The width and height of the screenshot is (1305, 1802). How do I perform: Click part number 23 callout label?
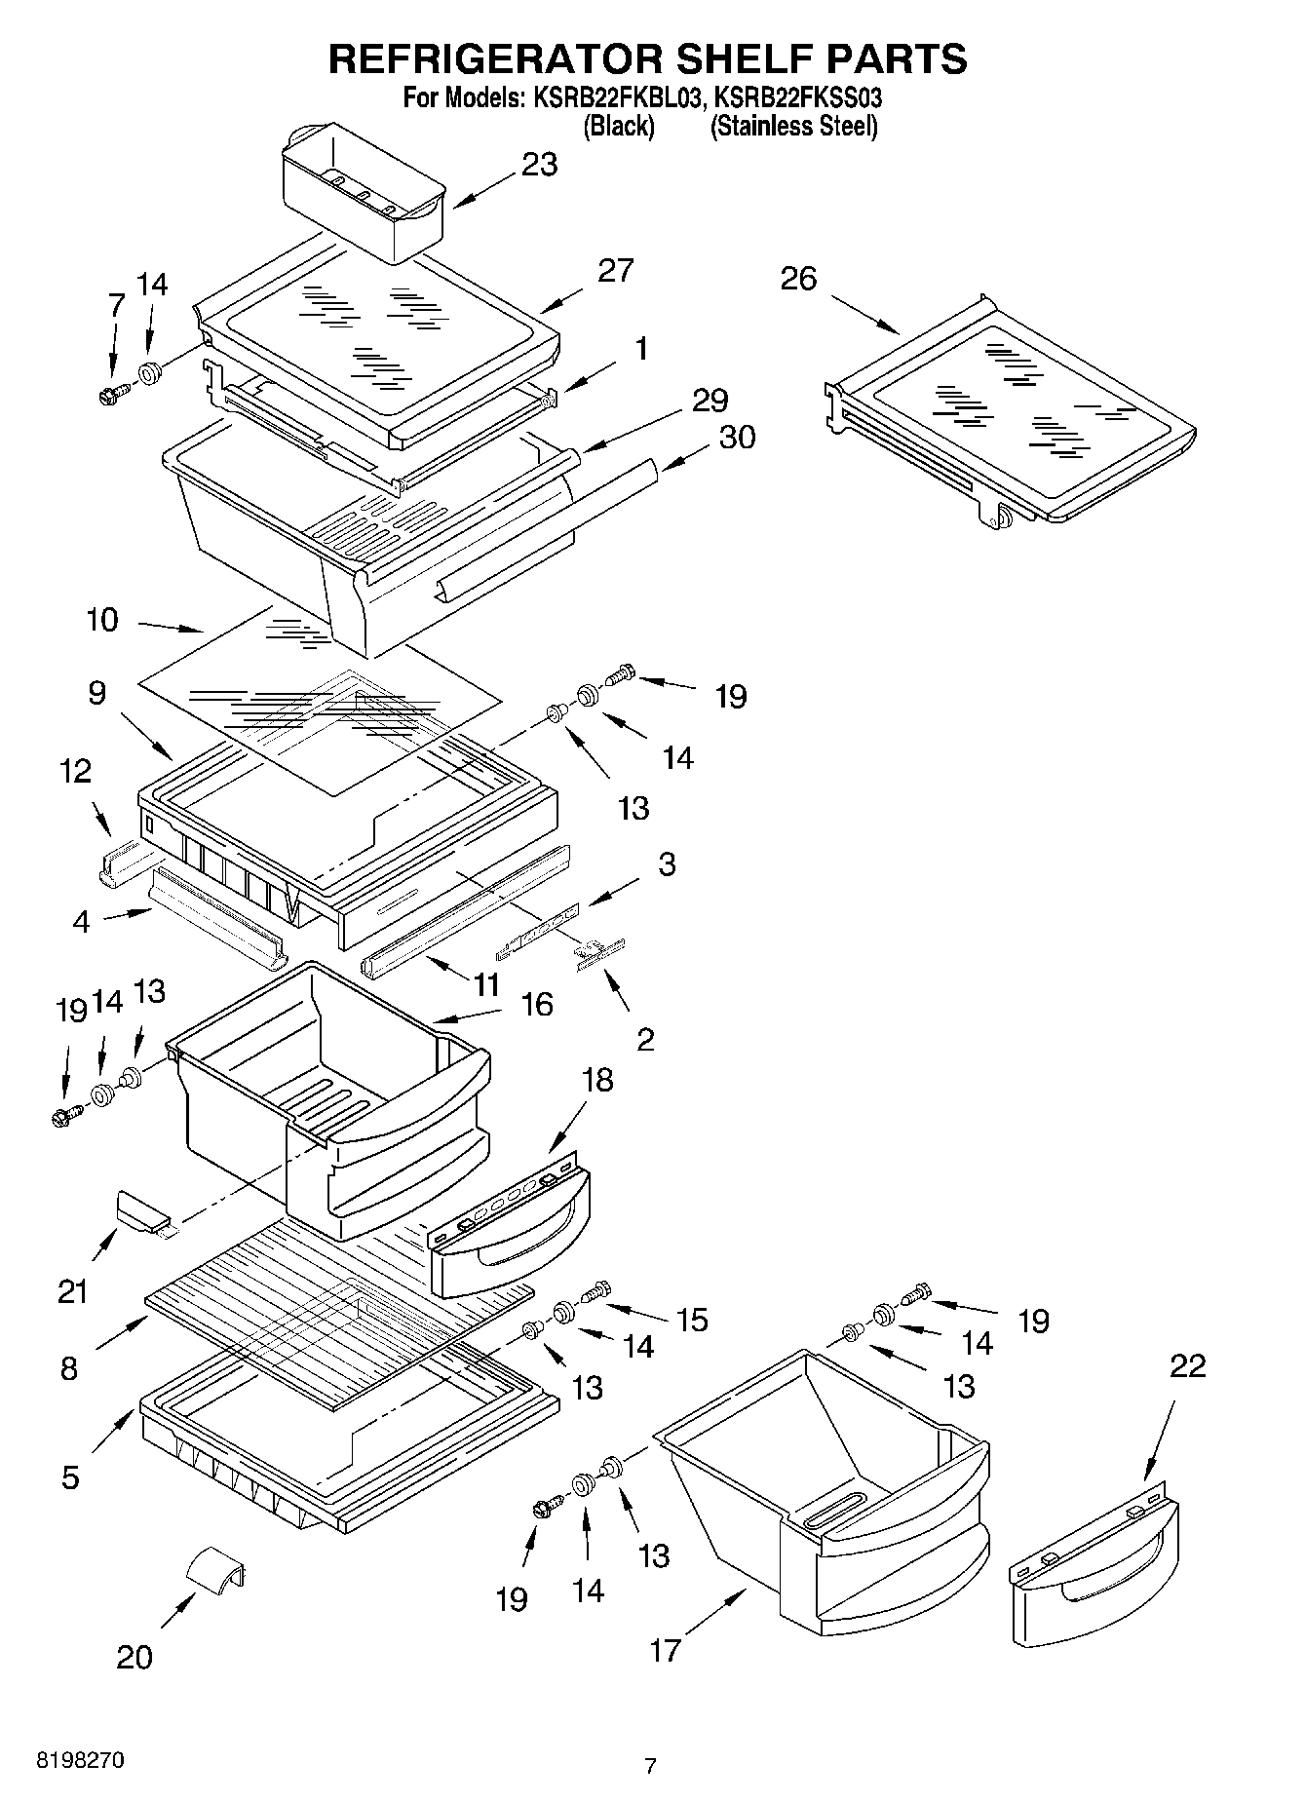539,165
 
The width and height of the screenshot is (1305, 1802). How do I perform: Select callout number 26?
798,280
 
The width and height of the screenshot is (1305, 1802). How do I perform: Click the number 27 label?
615,270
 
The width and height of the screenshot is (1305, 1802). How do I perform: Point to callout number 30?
737,438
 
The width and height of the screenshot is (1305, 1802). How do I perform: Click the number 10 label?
101,620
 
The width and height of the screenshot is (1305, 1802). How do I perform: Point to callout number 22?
1187,1365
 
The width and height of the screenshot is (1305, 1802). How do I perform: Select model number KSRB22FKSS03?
798,97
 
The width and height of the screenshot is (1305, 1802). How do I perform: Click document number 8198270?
80,1761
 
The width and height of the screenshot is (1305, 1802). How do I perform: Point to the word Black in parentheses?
618,127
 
